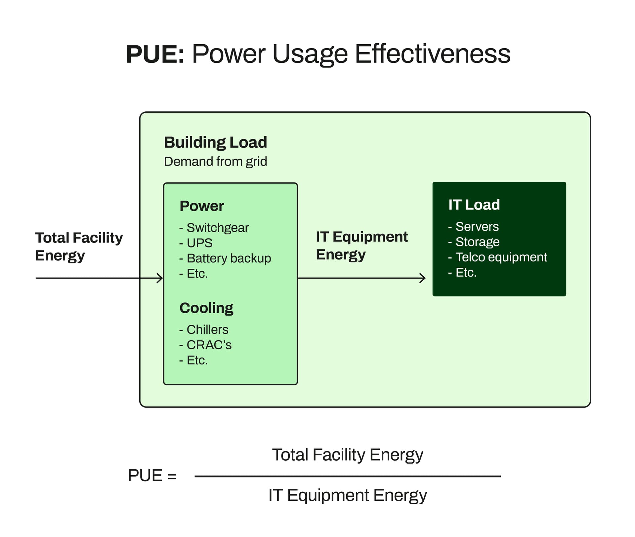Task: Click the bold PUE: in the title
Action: click(x=155, y=54)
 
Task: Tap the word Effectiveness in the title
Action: click(x=432, y=54)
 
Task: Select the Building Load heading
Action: click(x=215, y=142)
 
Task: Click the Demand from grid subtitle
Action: click(x=215, y=162)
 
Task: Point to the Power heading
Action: click(x=202, y=206)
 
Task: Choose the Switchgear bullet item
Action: click(x=217, y=228)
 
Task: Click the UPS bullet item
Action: click(x=199, y=243)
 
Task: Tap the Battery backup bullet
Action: click(x=229, y=258)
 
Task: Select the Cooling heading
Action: click(x=206, y=308)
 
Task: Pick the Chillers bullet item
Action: click(x=207, y=329)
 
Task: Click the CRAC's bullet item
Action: click(x=209, y=345)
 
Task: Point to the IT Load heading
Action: click(x=474, y=205)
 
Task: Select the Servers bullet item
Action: click(x=477, y=227)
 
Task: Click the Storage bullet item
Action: click(x=477, y=242)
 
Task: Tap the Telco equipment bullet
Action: click(x=501, y=257)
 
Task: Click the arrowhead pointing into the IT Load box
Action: click(x=423, y=278)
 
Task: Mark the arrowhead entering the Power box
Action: click(x=161, y=278)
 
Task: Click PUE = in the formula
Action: click(x=152, y=475)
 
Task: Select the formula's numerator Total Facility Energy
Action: click(x=347, y=455)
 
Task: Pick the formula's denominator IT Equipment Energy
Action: click(x=347, y=495)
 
